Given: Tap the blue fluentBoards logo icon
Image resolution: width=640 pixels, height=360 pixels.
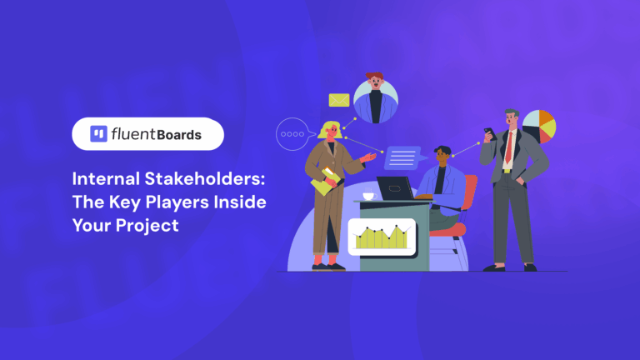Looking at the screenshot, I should [97, 133].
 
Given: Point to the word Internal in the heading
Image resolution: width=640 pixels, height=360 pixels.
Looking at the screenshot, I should [101, 179].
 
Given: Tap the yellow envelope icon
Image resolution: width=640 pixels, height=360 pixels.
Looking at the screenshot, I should [338, 100].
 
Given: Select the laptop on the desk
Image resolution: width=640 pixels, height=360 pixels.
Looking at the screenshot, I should [395, 187].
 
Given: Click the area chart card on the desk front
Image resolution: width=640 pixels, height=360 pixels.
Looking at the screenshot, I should [382, 237].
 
